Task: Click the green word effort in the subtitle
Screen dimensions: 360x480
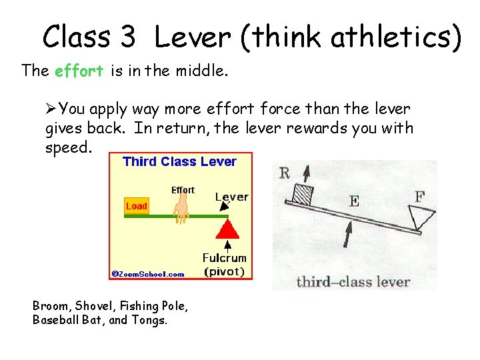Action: click(x=79, y=71)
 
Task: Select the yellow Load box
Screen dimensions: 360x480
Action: click(x=136, y=206)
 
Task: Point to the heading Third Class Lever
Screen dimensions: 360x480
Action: click(x=179, y=161)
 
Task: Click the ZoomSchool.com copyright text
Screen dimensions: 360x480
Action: click(x=148, y=274)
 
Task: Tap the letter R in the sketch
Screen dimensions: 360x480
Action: click(x=285, y=174)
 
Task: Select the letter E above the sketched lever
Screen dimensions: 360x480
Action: click(x=354, y=201)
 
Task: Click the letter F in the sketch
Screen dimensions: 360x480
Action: click(x=420, y=197)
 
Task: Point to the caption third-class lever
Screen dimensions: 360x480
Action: click(x=353, y=281)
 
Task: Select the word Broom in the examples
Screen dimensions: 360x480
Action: click(x=51, y=306)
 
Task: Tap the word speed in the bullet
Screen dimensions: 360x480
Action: click(x=67, y=147)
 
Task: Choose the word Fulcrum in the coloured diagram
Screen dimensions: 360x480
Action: click(x=225, y=258)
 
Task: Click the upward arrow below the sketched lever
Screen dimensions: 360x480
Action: click(x=347, y=235)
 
